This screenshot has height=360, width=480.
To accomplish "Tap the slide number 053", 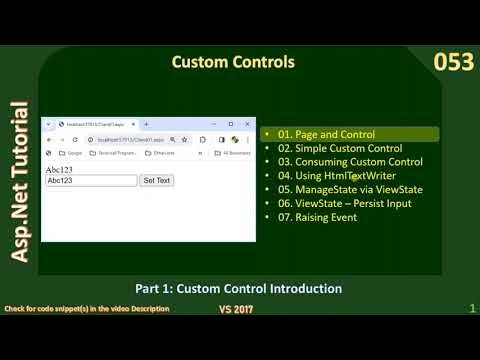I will tap(452, 63).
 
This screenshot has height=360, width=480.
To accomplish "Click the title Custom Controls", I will tap(233, 62).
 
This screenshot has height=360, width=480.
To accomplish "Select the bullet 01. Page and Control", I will tap(327, 134).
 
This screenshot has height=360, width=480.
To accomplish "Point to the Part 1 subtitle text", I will tap(239, 289).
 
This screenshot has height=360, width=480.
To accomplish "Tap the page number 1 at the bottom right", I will tap(471, 310).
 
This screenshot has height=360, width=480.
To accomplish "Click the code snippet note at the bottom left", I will tap(88, 309).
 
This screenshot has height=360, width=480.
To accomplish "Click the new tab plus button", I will tap(147, 123).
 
